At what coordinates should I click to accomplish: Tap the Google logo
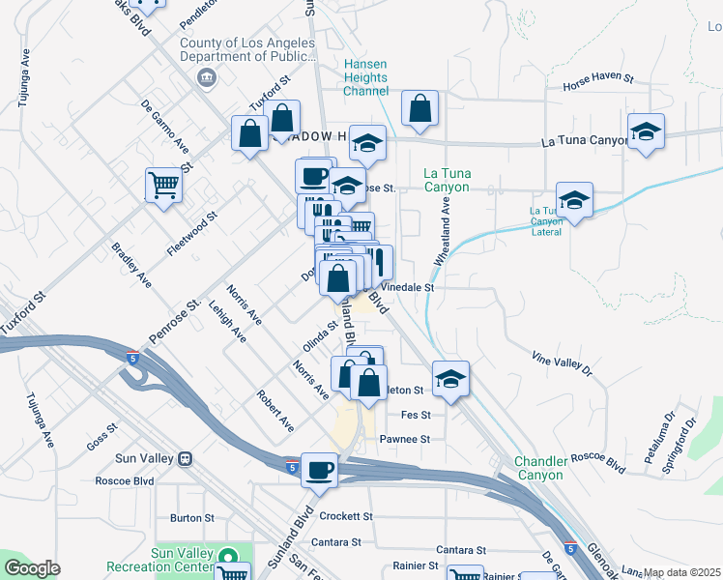(x=33, y=568)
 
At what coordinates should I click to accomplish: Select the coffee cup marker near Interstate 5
(x=320, y=471)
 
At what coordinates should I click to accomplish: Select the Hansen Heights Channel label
(x=367, y=77)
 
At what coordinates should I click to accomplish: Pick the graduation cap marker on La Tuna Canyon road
(x=646, y=132)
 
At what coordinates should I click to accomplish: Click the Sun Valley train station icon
(x=184, y=458)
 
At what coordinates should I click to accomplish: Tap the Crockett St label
(x=346, y=516)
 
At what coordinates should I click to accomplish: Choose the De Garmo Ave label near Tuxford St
(x=164, y=126)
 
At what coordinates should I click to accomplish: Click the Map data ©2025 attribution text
(x=682, y=572)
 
